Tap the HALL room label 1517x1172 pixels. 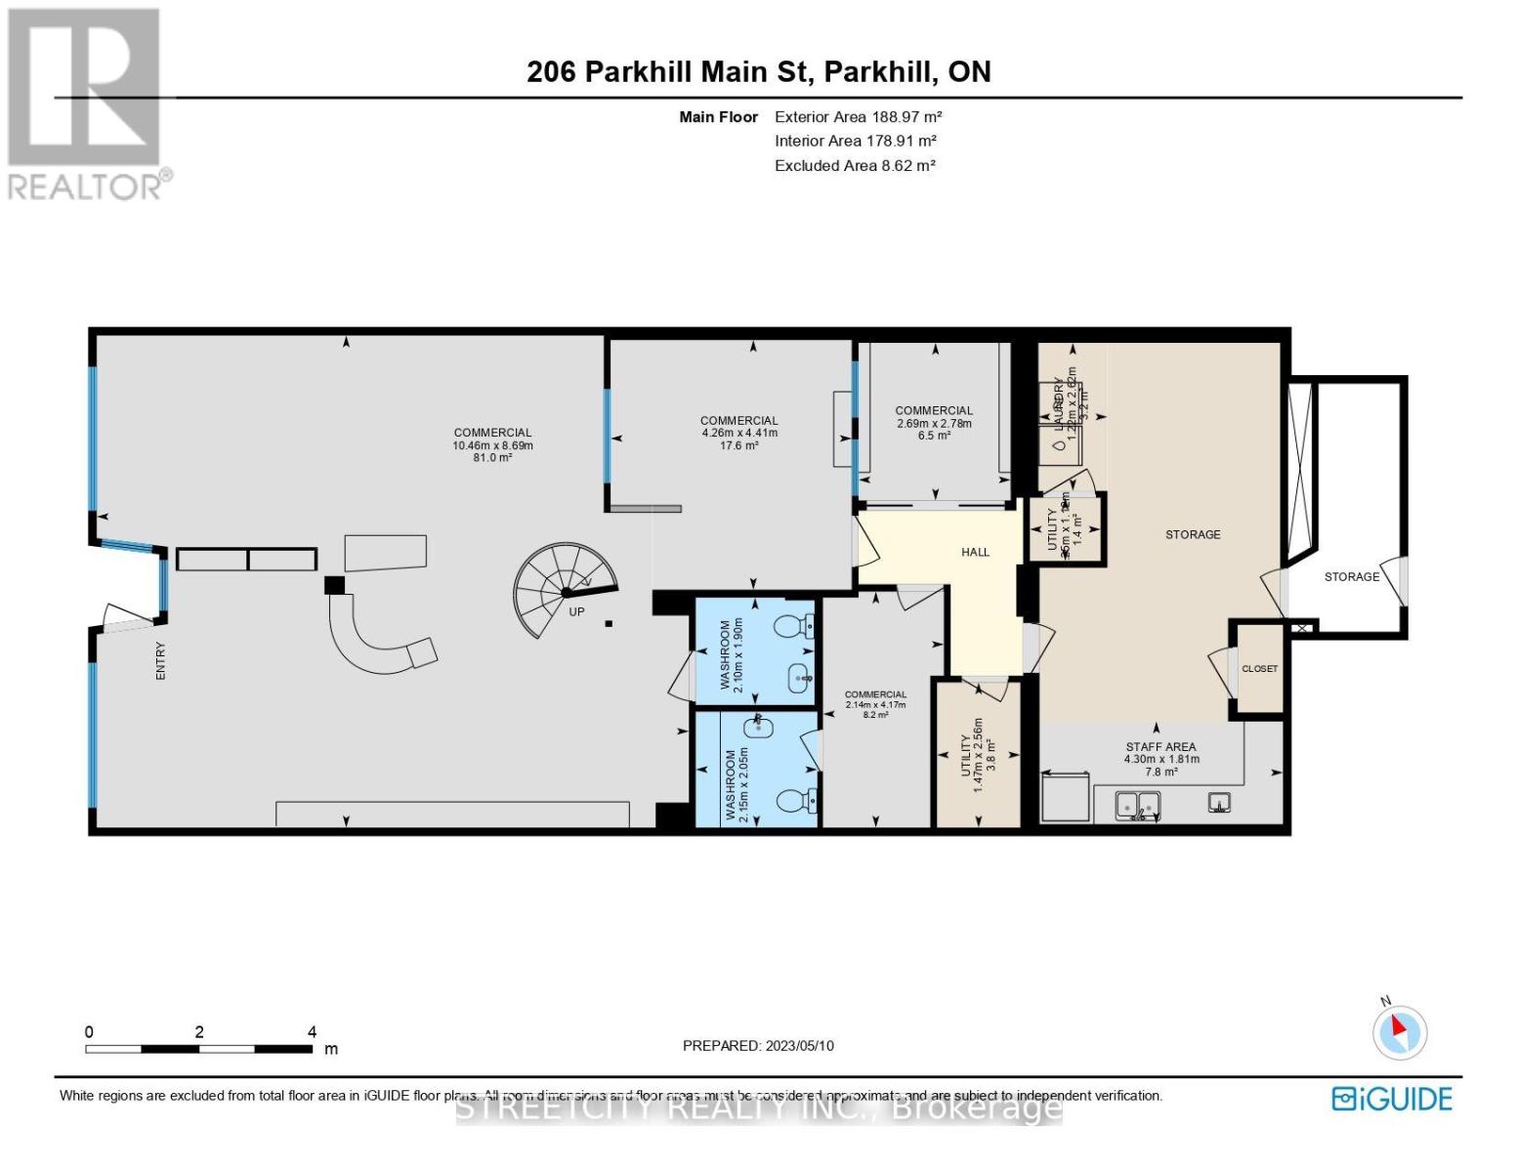(x=975, y=552)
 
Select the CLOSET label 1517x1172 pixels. (x=1259, y=669)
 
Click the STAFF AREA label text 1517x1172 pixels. (x=1160, y=747)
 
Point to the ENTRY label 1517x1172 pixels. (x=161, y=660)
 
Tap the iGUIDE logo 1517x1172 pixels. (x=1392, y=1099)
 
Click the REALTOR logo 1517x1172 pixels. (x=86, y=104)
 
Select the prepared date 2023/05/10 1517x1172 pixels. (x=758, y=1045)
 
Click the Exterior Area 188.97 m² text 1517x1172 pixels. (x=858, y=116)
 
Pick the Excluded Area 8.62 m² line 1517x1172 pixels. (x=855, y=165)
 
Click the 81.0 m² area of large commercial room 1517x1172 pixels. (x=492, y=457)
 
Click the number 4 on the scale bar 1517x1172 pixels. (x=312, y=1031)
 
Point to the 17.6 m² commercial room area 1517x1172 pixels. (x=738, y=445)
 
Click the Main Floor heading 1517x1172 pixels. (x=718, y=117)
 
